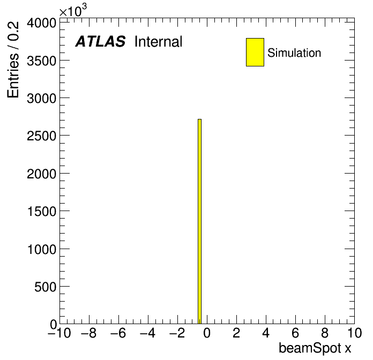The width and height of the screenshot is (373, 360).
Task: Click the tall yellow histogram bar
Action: (199, 221)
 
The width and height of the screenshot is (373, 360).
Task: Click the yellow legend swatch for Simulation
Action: (255, 52)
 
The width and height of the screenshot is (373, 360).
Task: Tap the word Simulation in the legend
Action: (294, 53)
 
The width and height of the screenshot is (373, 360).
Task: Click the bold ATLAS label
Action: (100, 41)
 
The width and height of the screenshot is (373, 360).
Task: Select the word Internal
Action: (159, 41)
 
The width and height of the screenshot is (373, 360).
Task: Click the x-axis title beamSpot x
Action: (315, 348)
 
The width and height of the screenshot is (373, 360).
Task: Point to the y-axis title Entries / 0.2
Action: (13, 59)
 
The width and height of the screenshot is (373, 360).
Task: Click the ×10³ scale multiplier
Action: (73, 11)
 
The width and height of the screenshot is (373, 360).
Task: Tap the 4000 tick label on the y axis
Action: (41, 23)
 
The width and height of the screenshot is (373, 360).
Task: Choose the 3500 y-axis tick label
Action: (41, 61)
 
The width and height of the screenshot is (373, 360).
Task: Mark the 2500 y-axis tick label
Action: (41, 136)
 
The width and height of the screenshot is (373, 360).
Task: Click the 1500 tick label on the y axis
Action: (42, 212)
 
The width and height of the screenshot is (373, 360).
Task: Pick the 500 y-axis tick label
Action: (45, 287)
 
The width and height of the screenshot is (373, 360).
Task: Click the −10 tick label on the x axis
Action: (59, 333)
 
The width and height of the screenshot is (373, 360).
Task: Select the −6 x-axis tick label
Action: (118, 333)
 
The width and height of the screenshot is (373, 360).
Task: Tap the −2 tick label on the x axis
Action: (177, 333)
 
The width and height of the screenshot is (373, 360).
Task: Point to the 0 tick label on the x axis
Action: (207, 333)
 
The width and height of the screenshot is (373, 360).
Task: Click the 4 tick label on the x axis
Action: (266, 333)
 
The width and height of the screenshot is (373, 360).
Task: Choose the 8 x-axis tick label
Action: (325, 333)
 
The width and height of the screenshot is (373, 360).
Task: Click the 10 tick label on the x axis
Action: (354, 333)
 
